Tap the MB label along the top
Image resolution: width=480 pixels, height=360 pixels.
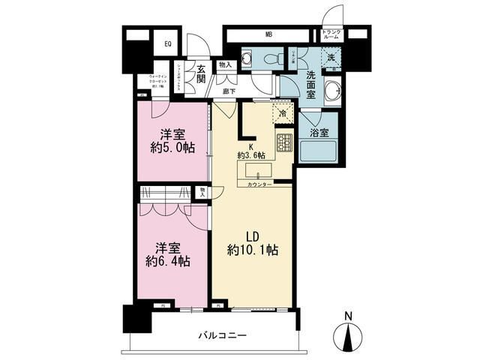[x=268, y=34]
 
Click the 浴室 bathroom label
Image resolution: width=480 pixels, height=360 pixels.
[x=319, y=133]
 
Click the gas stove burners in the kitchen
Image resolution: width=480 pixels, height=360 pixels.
[x=284, y=142]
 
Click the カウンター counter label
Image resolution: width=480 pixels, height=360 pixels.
[x=259, y=184]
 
